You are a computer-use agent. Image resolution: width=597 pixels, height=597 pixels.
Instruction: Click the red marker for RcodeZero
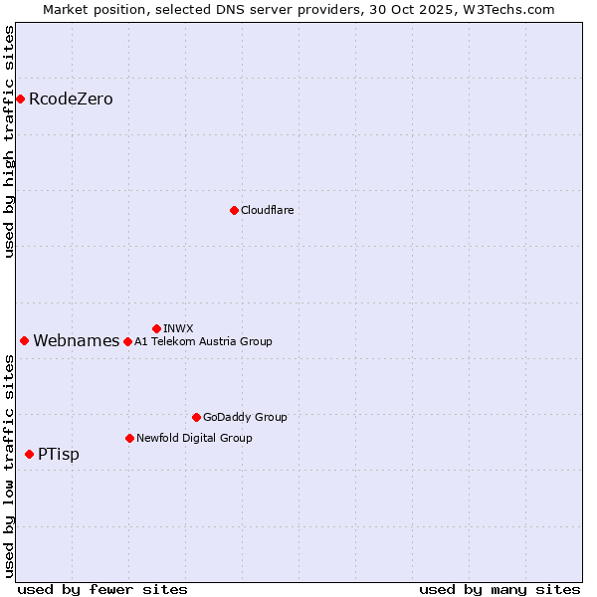coord(20,99)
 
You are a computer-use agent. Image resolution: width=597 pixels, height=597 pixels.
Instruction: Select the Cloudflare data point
coord(234,210)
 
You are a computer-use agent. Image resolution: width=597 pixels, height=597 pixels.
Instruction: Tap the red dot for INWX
coord(156,328)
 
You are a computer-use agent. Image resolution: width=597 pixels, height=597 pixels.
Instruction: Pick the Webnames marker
coord(24,340)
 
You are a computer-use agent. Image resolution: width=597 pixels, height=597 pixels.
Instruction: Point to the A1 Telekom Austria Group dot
coord(127,341)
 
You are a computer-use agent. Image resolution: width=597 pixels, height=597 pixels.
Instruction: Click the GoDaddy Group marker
coord(196,417)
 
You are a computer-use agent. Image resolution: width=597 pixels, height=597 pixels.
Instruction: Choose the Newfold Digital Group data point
coord(129,438)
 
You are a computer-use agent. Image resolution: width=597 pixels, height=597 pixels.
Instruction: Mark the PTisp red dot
coord(29,454)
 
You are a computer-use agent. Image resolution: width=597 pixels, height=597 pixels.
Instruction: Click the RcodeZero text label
coord(71,99)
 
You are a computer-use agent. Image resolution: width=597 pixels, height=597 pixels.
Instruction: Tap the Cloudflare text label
coord(267,210)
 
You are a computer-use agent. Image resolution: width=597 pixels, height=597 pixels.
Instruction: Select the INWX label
coord(178,328)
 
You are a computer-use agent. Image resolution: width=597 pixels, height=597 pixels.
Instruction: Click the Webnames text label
coord(76,341)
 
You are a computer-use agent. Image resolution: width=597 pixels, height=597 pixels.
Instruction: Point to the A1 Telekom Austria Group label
coord(203,341)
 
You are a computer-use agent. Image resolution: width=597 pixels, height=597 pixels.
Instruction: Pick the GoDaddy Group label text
coord(244,417)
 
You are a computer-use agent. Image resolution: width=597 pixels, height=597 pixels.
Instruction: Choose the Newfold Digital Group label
coord(194,438)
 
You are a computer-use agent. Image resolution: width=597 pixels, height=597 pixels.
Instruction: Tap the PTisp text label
coord(58,455)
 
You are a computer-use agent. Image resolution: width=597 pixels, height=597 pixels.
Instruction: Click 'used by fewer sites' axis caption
coord(102,589)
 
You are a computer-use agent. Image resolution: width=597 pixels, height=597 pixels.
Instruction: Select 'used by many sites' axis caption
coord(499,589)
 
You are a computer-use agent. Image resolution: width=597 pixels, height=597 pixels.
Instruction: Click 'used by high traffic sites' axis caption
coord(10,141)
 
